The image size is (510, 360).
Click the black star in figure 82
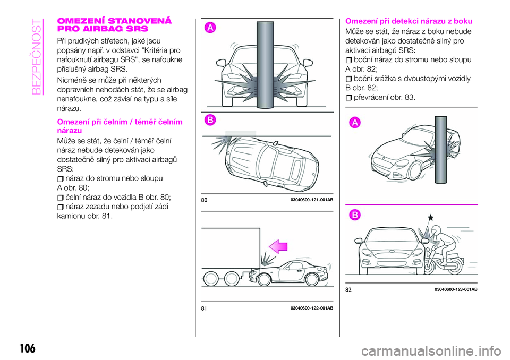pyautogui.click(x=430, y=218)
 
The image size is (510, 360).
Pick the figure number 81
pyautogui.click(x=205, y=308)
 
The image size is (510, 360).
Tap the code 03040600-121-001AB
pyautogui.click(x=312, y=200)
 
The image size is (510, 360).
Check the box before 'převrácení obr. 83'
pyautogui.click(x=348, y=97)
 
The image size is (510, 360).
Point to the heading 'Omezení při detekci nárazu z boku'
pyautogui.click(x=409, y=21)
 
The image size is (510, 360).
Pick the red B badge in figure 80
pyautogui.click(x=210, y=120)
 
